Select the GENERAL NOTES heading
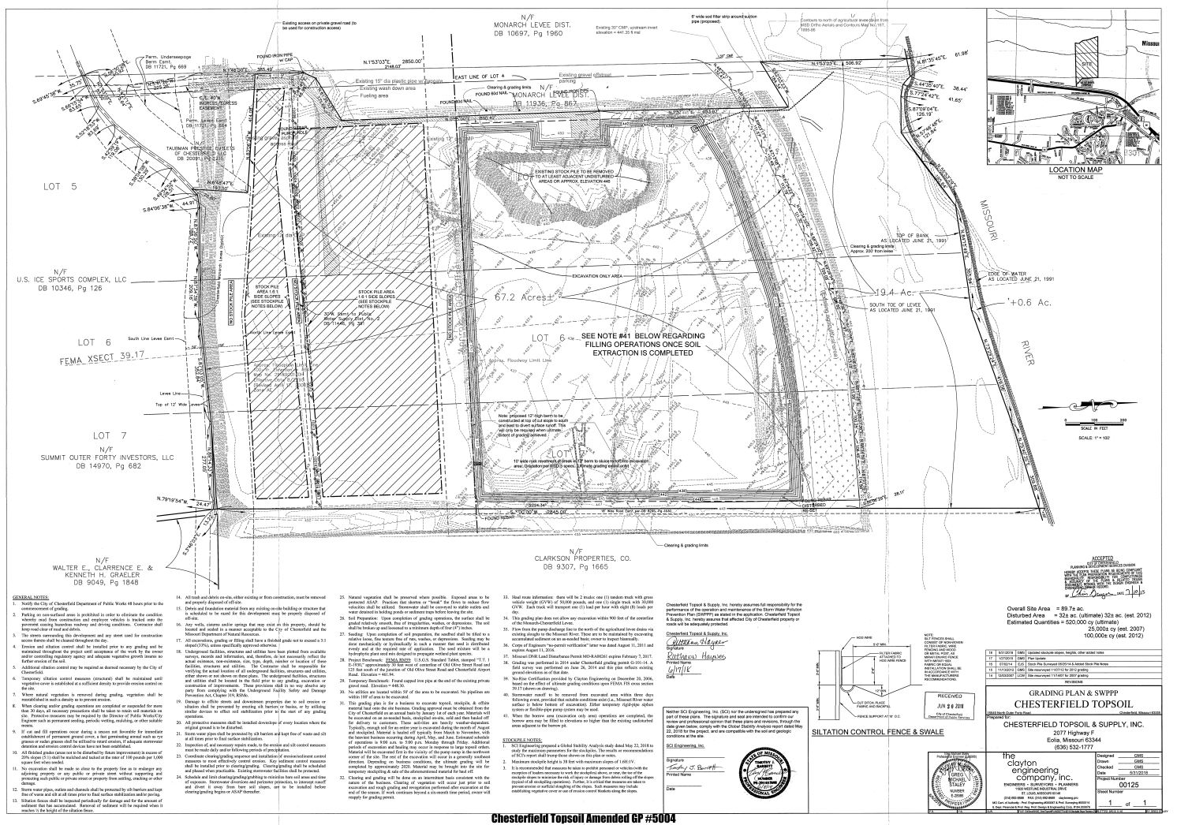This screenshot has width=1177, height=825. [x=31, y=599]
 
